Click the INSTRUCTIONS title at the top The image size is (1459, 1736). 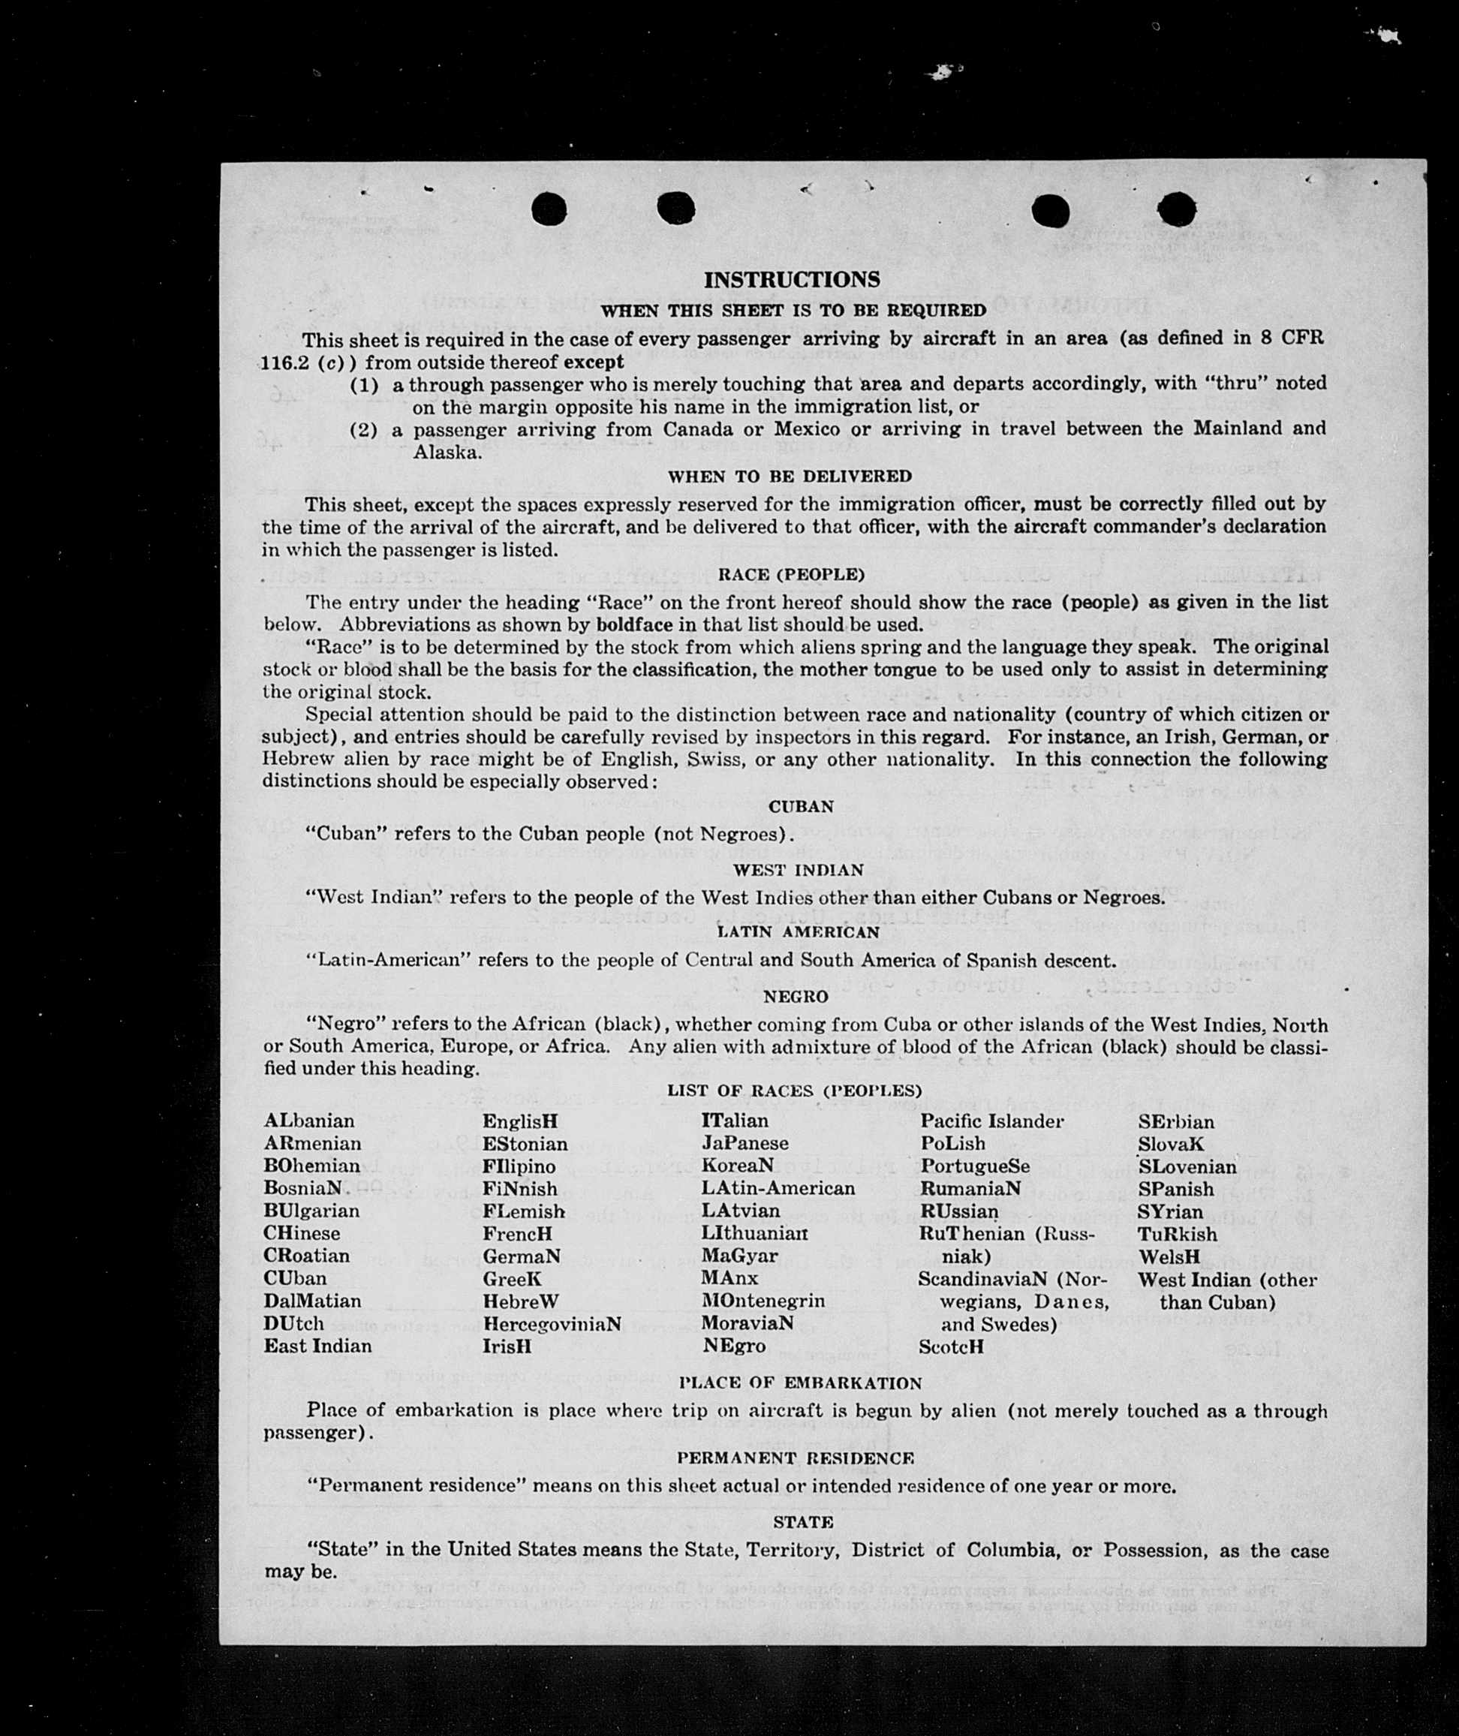pos(792,279)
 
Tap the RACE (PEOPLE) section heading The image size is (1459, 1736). pos(792,574)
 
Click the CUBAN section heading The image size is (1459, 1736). pos(801,805)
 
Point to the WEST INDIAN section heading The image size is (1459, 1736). pos(797,869)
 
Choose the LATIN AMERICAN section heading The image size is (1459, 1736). pos(797,931)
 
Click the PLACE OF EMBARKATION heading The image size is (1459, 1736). pos(800,1382)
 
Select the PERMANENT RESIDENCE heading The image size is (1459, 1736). pos(796,1458)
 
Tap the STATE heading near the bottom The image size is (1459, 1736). pos(802,1522)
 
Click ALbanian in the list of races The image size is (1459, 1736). pos(309,1121)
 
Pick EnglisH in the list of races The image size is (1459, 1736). pos(520,1121)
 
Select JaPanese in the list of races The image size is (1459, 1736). pos(745,1143)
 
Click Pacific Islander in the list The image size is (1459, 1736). pos(991,1121)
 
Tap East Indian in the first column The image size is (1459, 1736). pos(317,1346)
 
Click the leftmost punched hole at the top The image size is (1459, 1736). pos(549,209)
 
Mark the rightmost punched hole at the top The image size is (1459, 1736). pos(1176,209)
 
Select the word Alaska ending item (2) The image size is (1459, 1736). pos(447,453)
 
